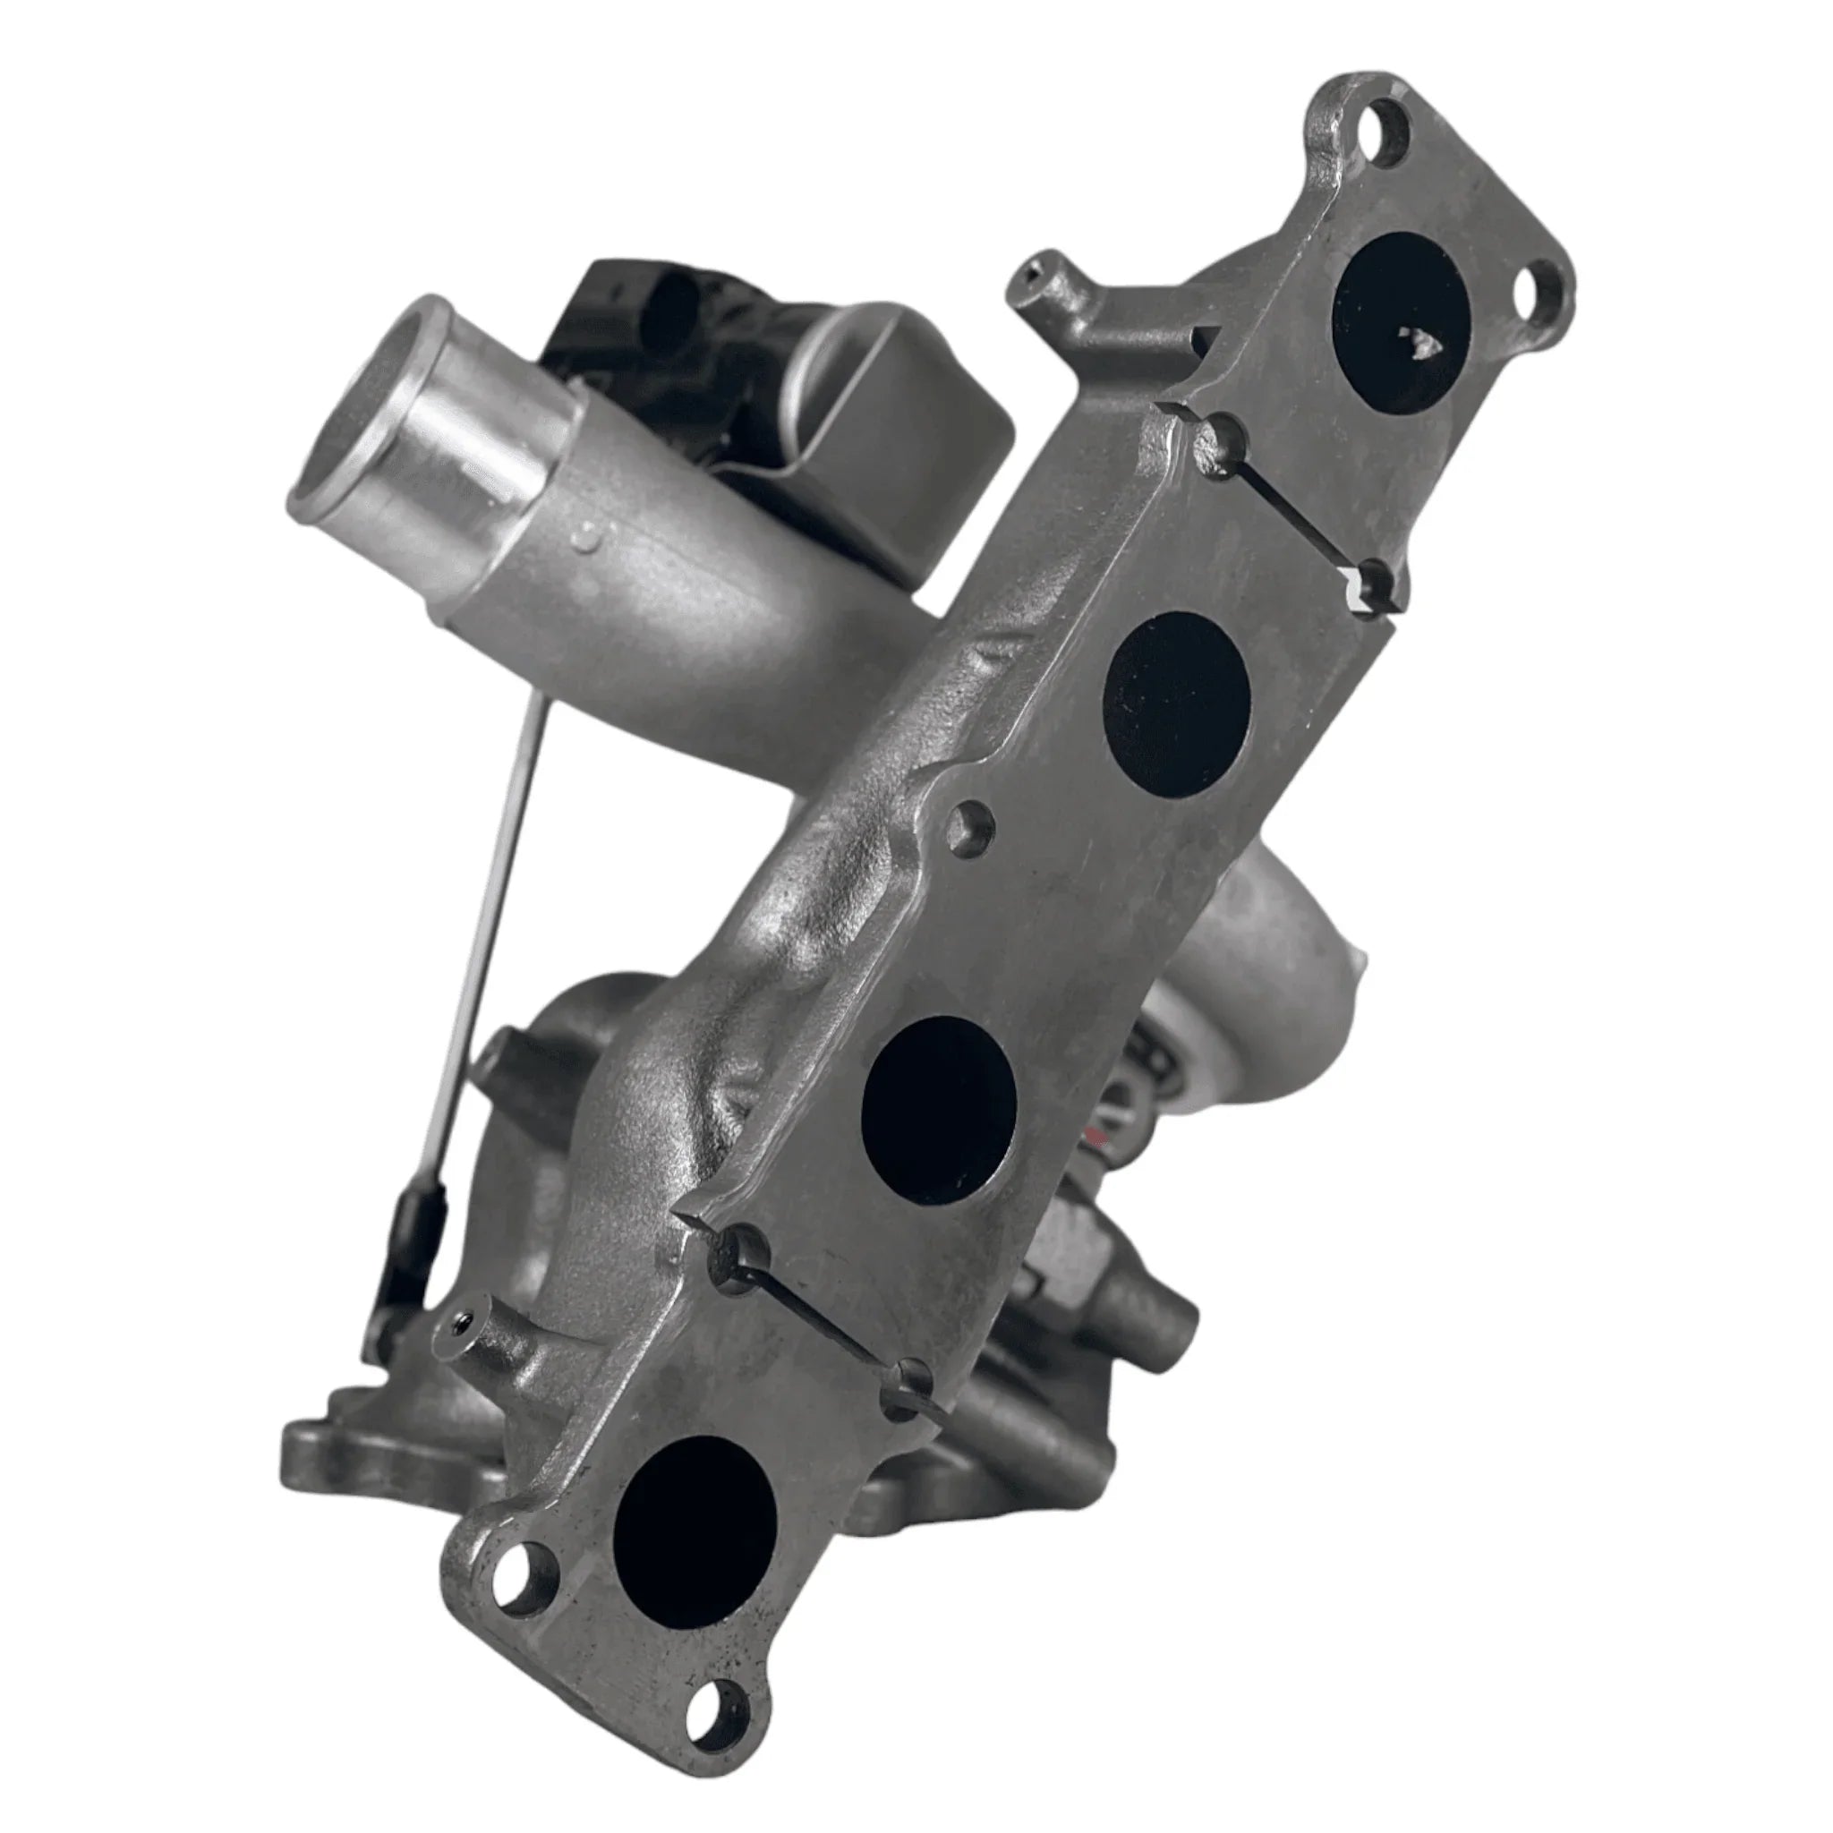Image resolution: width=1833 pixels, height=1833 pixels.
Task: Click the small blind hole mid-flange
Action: pyautogui.click(x=970, y=826)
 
